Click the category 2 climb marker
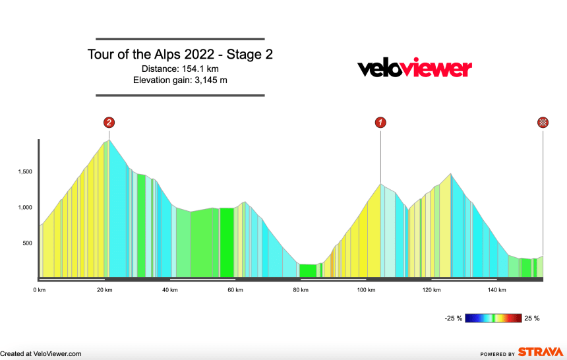pyautogui.click(x=109, y=122)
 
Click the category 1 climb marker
pyautogui.click(x=380, y=122)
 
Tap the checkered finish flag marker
pyautogui.click(x=543, y=122)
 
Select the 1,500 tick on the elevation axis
pyautogui.click(x=25, y=172)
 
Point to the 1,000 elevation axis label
pyautogui.click(x=25, y=208)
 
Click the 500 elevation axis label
pyautogui.click(x=28, y=243)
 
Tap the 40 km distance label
pyautogui.click(x=170, y=289)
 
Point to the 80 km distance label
pyautogui.click(x=300, y=289)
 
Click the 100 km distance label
pyautogui.click(x=365, y=289)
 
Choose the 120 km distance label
pyautogui.click(x=431, y=289)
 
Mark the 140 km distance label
pyautogui.click(x=496, y=289)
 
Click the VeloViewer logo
pyautogui.click(x=414, y=68)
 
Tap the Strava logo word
pyautogui.click(x=541, y=353)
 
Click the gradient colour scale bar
pyautogui.click(x=493, y=318)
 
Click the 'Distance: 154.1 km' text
pyautogui.click(x=180, y=69)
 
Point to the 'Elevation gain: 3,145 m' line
pyautogui.click(x=180, y=80)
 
